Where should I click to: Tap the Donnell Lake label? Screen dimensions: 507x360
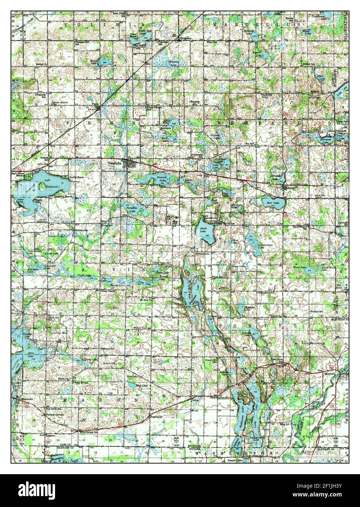pos(161,178)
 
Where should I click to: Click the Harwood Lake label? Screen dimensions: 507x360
pos(317,139)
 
